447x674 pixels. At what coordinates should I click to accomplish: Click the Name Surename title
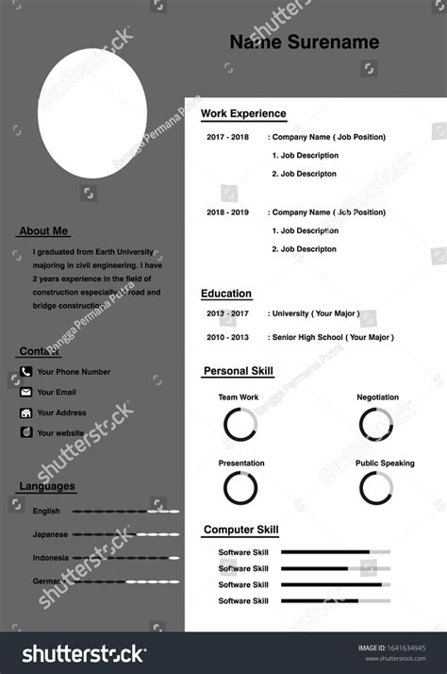(304, 42)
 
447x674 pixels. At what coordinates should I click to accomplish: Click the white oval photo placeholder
(92, 113)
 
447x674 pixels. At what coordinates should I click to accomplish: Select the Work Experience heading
(243, 114)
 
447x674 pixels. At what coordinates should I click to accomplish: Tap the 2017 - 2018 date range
(227, 137)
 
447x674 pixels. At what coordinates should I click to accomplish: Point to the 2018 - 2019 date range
(227, 212)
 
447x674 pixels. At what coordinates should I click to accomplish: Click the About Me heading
(43, 231)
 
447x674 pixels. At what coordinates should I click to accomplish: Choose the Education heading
(226, 294)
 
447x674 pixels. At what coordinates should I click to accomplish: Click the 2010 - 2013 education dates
(227, 337)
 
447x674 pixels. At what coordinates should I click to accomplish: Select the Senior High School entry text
(332, 337)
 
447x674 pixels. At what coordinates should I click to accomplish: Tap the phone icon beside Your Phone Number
(26, 372)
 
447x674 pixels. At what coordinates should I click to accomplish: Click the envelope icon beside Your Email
(26, 392)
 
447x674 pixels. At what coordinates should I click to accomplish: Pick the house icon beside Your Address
(26, 413)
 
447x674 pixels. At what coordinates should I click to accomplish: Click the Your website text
(60, 433)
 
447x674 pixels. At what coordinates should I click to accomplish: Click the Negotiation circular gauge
(376, 425)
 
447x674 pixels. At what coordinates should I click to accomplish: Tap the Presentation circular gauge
(240, 488)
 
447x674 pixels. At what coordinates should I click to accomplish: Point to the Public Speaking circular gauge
(376, 488)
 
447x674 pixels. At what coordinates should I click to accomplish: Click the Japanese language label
(50, 534)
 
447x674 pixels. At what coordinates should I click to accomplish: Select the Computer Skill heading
(240, 531)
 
